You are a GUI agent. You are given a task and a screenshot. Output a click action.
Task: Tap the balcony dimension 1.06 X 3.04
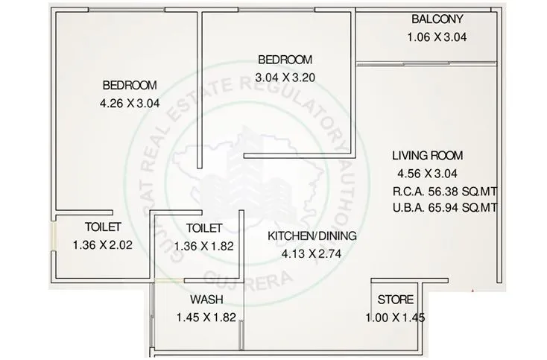pyautogui.click(x=436, y=37)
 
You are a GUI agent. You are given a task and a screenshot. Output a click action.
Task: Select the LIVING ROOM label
pyautogui.click(x=428, y=156)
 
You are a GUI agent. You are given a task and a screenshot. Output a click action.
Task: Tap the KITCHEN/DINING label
pyautogui.click(x=312, y=236)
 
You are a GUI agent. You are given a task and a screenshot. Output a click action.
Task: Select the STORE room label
pyautogui.click(x=395, y=300)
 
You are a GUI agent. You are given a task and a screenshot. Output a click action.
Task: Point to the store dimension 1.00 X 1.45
pyautogui.click(x=395, y=318)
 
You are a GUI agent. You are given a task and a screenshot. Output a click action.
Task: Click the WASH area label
pyautogui.click(x=204, y=300)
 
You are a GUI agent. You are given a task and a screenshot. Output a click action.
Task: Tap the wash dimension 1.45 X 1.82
pyautogui.click(x=206, y=318)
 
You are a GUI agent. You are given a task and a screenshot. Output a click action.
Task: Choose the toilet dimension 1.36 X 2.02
pyautogui.click(x=103, y=244)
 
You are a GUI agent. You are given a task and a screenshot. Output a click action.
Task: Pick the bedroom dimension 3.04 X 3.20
pyautogui.click(x=285, y=77)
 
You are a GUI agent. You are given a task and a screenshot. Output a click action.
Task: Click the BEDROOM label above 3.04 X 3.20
pyautogui.click(x=285, y=60)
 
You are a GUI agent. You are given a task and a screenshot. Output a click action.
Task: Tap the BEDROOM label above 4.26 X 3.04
pyautogui.click(x=130, y=84)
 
